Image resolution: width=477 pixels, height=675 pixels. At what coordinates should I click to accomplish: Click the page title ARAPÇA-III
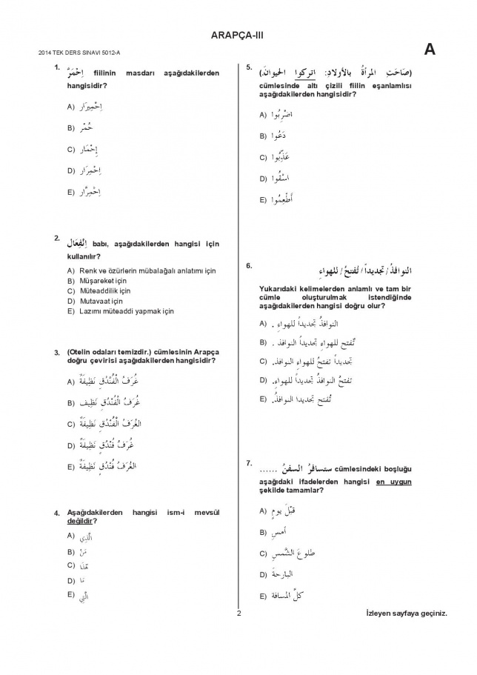tap(238, 34)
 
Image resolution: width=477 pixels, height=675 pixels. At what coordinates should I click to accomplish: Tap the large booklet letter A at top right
tap(430, 50)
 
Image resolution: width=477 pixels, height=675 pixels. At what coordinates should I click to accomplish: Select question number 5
tap(249, 68)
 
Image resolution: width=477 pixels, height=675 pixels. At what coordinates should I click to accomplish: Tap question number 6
tap(249, 265)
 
